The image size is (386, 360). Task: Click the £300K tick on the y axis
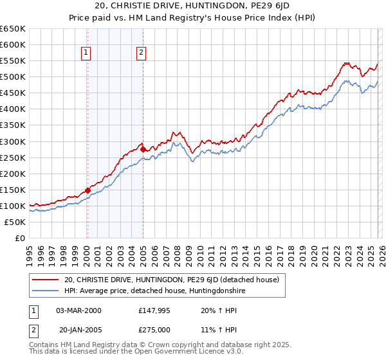point(13,141)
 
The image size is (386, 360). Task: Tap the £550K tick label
point(13,61)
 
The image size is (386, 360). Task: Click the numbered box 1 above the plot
point(86,53)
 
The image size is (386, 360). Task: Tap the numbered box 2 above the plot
point(141,53)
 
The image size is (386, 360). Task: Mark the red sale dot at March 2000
point(87,190)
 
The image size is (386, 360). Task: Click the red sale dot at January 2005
point(143,149)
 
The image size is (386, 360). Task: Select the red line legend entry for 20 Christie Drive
point(171,280)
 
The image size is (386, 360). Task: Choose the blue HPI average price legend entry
point(154,291)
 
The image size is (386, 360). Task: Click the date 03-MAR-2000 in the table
point(78,310)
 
